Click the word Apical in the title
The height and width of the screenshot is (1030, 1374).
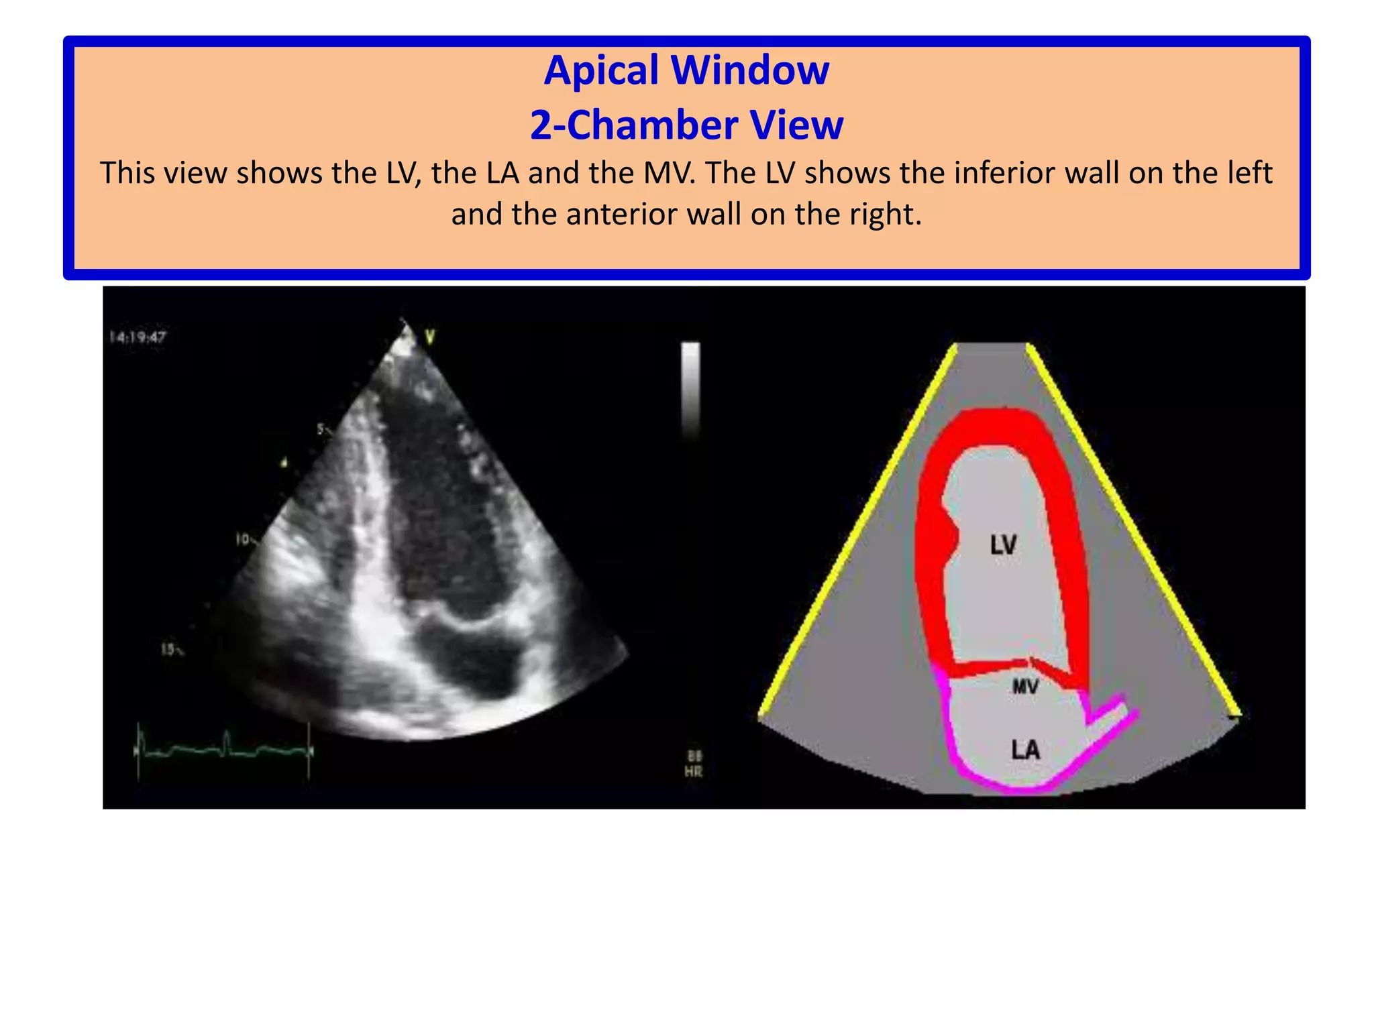tap(601, 70)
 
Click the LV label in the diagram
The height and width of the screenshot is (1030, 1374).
tap(1003, 545)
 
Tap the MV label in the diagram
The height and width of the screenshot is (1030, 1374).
tap(1024, 687)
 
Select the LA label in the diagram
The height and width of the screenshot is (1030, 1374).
tap(1025, 749)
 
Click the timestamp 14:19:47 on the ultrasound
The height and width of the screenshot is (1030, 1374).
tap(138, 337)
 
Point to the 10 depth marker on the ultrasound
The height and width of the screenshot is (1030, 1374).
tap(243, 539)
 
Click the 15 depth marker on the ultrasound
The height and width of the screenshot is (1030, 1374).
tap(170, 649)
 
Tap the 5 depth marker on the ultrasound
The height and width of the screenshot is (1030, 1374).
tap(321, 428)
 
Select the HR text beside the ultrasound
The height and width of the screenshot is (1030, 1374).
tap(693, 772)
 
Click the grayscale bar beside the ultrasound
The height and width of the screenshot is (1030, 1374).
tap(690, 389)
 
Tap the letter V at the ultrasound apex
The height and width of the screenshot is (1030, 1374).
tap(430, 337)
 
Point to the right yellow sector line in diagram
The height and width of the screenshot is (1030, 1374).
tap(1134, 530)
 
